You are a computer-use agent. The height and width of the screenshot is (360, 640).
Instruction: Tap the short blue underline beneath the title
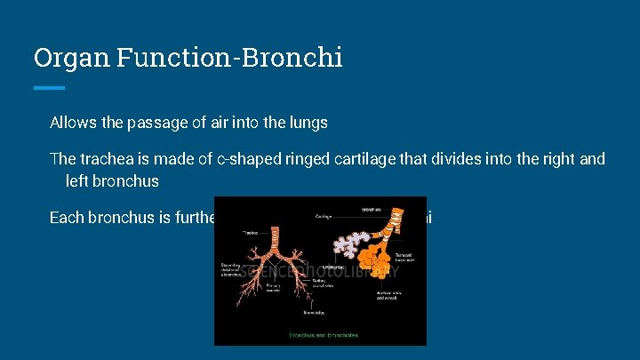[x=49, y=87]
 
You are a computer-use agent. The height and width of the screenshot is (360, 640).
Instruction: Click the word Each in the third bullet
[x=67, y=218]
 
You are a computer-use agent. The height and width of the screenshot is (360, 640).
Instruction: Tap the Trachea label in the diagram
[x=252, y=232]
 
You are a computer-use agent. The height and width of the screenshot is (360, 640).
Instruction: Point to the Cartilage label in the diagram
[x=324, y=215]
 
